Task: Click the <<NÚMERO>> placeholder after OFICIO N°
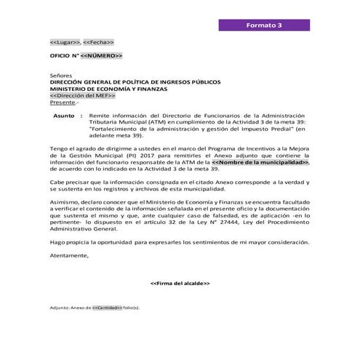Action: (101, 56)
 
